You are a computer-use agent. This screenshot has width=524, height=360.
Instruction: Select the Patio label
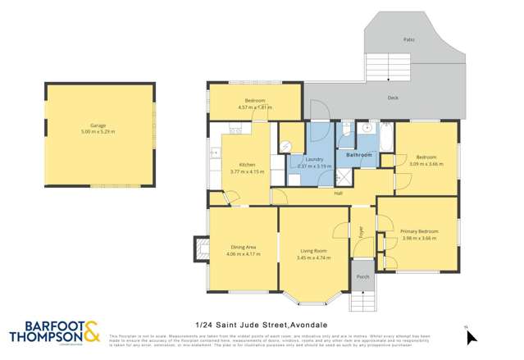pyautogui.click(x=408, y=39)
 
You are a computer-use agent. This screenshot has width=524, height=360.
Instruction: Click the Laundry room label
pyautogui.click(x=313, y=159)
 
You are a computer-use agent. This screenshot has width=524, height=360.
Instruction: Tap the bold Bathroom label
pyautogui.click(x=358, y=154)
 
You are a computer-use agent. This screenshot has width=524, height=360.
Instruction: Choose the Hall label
pyautogui.click(x=338, y=194)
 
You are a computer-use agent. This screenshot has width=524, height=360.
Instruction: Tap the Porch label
pyautogui.click(x=362, y=277)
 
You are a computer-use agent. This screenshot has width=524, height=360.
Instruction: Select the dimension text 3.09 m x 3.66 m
pyautogui.click(x=426, y=163)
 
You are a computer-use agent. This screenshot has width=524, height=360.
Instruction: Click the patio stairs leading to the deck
pyautogui.click(x=381, y=65)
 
